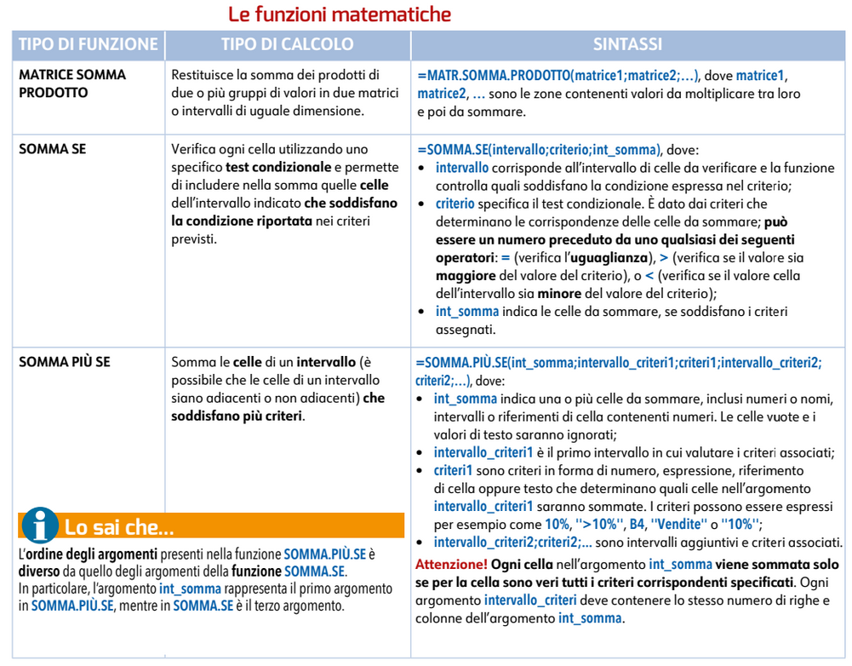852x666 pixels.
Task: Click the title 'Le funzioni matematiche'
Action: click(x=339, y=14)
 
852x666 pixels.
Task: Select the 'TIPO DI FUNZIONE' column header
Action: click(x=89, y=44)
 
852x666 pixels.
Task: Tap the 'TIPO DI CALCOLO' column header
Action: click(x=287, y=44)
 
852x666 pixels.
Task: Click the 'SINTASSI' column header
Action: click(x=627, y=44)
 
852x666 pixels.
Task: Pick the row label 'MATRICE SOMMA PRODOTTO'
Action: click(x=71, y=83)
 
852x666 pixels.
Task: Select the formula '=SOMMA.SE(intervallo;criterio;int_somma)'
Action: click(x=539, y=149)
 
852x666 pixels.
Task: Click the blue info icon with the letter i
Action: click(x=39, y=525)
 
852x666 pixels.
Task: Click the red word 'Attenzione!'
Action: click(x=451, y=564)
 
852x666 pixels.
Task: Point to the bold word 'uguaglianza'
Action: click(x=613, y=257)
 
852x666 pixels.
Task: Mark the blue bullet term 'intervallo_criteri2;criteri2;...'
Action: click(x=512, y=543)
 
